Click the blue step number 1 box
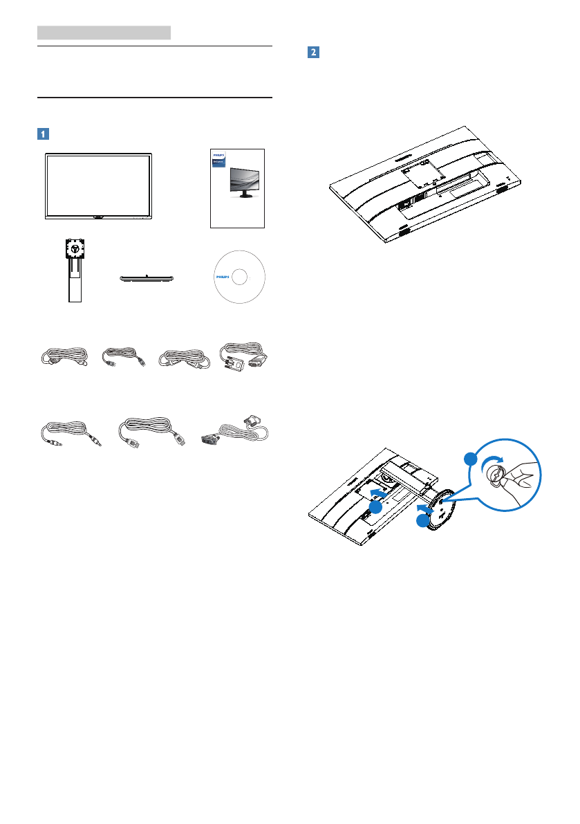tap(44, 133)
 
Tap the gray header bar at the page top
tap(104, 33)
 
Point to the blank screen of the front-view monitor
tap(98, 183)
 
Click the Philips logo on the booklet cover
tap(218, 155)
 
